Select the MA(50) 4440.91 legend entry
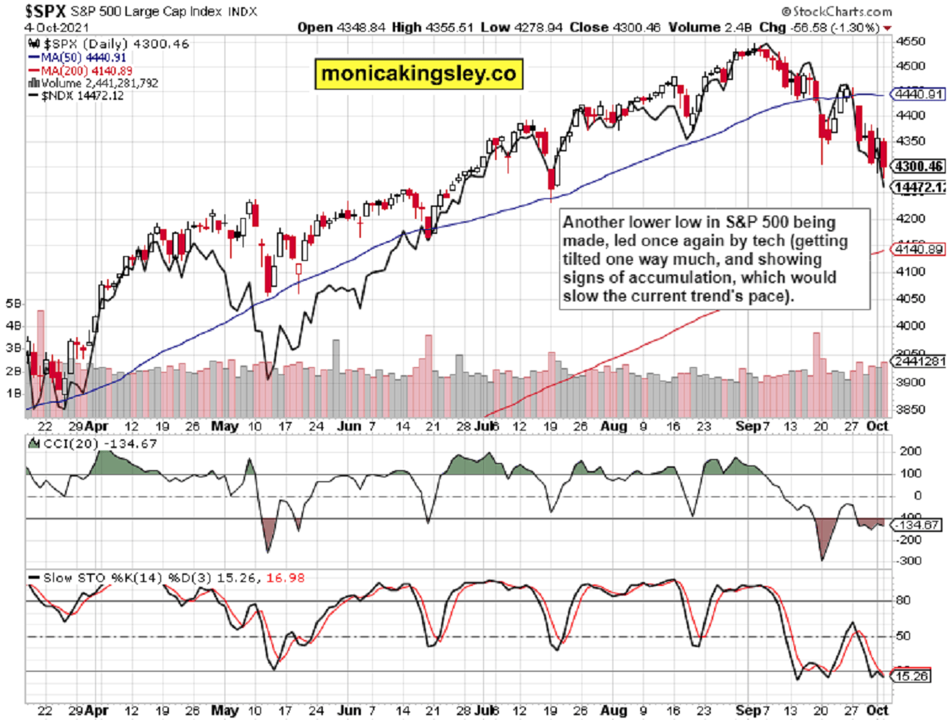click(x=76, y=58)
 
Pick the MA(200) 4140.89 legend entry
click(x=79, y=70)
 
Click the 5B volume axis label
click(x=13, y=303)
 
